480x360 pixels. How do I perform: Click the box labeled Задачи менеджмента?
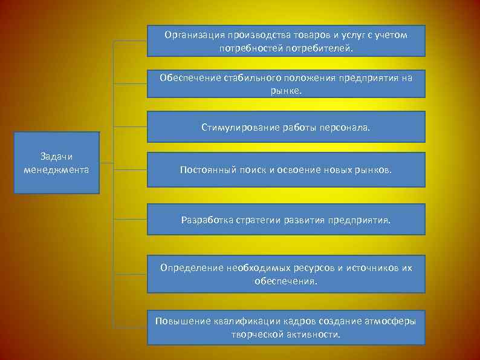56,163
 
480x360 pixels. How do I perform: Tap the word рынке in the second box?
285,90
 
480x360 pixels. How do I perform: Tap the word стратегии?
259,220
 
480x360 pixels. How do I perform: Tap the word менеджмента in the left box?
56,169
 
